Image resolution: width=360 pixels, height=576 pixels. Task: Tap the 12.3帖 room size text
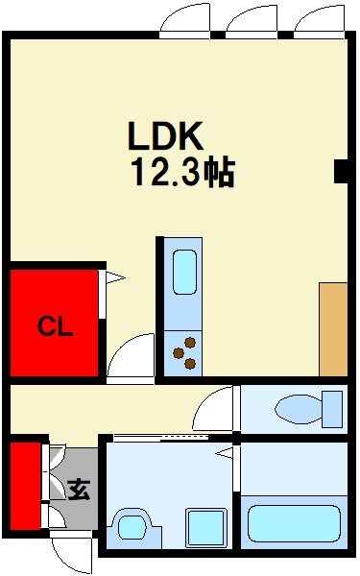pyautogui.click(x=183, y=173)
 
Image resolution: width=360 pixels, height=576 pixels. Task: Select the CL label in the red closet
pyautogui.click(x=55, y=327)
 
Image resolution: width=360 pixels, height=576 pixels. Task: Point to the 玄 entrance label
pyautogui.click(x=78, y=491)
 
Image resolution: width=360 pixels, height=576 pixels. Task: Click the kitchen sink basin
pyautogui.click(x=184, y=273)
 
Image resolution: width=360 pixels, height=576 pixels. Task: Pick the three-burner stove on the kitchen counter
pyautogui.click(x=184, y=352)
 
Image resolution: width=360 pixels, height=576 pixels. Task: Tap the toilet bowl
pyautogui.click(x=308, y=409)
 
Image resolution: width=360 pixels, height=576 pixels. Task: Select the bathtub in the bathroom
pyautogui.click(x=295, y=524)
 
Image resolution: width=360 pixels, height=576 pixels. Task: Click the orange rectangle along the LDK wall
pyautogui.click(x=333, y=329)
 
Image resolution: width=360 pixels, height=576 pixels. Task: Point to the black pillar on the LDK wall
pyautogui.click(x=340, y=170)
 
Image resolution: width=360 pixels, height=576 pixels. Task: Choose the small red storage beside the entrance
pyautogui.click(x=26, y=485)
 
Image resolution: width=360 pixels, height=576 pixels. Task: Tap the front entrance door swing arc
pyautogui.click(x=71, y=554)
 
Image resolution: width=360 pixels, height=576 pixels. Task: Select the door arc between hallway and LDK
pyautogui.click(x=132, y=358)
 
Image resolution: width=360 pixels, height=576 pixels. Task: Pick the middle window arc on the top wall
pyautogui.click(x=252, y=20)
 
